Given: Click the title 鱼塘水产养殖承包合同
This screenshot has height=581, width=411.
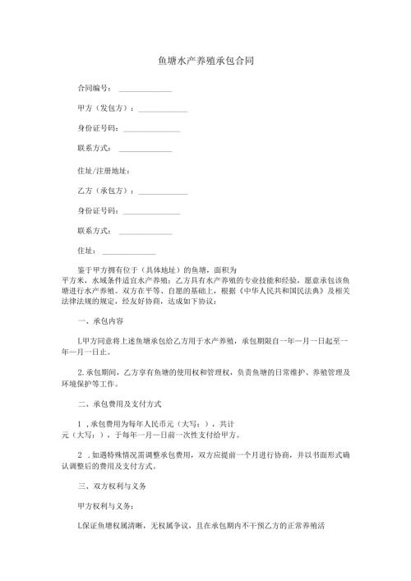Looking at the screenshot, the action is (x=205, y=61).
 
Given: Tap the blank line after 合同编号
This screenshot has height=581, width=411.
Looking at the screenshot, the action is (x=145, y=90).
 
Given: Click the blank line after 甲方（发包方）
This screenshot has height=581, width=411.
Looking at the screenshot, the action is (x=163, y=110).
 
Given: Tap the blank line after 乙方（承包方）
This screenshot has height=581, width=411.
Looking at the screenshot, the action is (x=163, y=193).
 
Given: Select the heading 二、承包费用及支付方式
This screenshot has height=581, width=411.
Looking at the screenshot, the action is (x=119, y=404).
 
